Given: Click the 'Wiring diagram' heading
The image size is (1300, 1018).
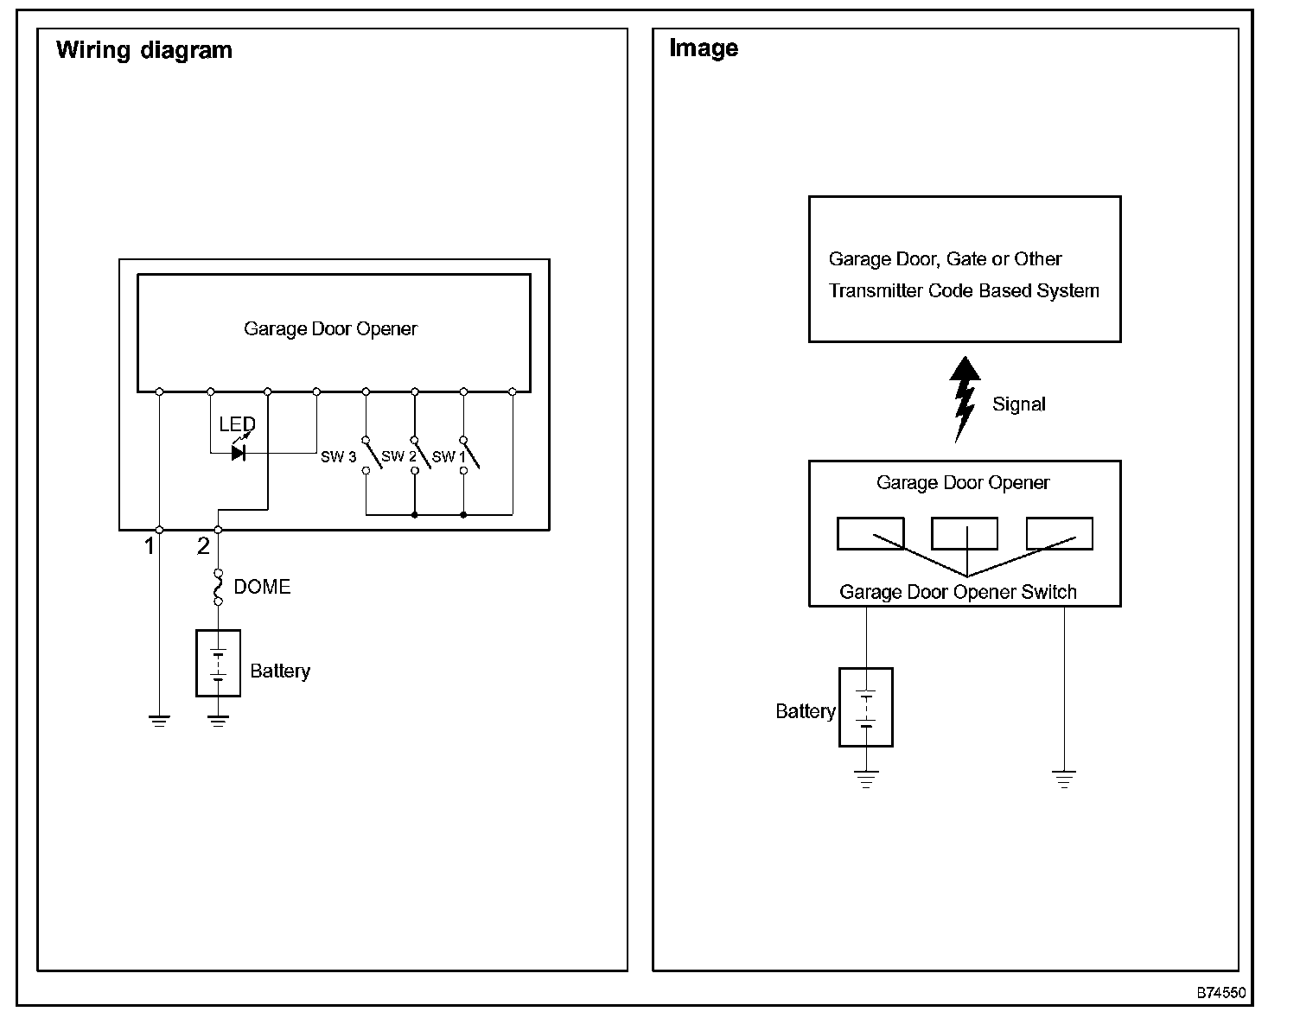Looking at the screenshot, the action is pos(144,50).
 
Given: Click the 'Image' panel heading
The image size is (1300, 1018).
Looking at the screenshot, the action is pos(704,48).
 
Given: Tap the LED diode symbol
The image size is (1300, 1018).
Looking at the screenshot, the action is pos(239,453).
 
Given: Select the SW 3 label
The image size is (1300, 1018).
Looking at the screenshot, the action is pos(338,457).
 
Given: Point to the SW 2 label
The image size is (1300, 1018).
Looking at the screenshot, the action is pos(398,456).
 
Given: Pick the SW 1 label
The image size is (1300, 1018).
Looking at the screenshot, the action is pos(449,457).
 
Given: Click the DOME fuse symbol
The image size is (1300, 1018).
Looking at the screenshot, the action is pos(219,588).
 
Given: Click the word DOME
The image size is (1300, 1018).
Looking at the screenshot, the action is pos(262,587).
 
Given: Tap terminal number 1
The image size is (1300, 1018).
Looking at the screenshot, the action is pos(150,546).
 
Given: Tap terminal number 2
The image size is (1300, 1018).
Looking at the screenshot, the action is pos(203,546).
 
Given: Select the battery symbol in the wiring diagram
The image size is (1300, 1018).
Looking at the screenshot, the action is pos(219,664).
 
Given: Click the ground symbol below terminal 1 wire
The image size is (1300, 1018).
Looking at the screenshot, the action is pos(159,721).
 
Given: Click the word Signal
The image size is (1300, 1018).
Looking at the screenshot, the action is pos(1019,404).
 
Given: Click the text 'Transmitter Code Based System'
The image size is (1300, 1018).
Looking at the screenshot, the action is pos(964,290).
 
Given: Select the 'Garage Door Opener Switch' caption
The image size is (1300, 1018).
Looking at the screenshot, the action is pos(958,592).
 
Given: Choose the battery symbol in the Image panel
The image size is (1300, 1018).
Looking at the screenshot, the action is pos(866,707).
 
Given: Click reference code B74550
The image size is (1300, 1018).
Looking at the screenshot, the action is pos(1221,993).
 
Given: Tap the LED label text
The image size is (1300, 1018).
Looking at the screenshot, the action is pos(237,424).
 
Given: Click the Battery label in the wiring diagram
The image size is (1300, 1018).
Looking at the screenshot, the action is pos(280,671).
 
